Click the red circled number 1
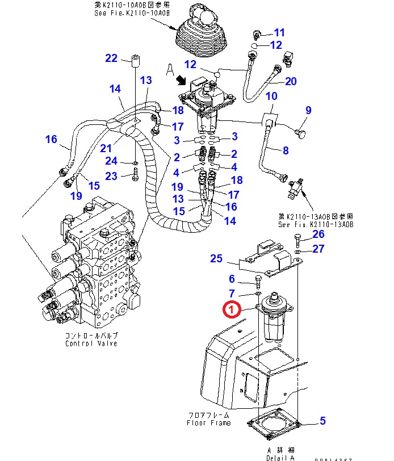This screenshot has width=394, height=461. pyautogui.click(x=232, y=309)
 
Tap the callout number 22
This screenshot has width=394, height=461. pyautogui.click(x=111, y=58)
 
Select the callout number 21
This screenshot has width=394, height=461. pyautogui.click(x=106, y=148)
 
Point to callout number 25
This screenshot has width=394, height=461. pyautogui.click(x=216, y=259)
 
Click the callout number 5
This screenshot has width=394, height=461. pyautogui.click(x=322, y=421)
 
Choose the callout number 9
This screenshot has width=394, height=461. pyautogui.click(x=309, y=110)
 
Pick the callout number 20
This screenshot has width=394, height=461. pyautogui.click(x=291, y=81)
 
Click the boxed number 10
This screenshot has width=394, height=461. pyautogui.click(x=271, y=96)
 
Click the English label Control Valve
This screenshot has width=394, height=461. pyautogui.click(x=91, y=343)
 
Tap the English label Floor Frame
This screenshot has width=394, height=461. pyautogui.click(x=208, y=422)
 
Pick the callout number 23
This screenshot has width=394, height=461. pyautogui.click(x=111, y=176)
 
